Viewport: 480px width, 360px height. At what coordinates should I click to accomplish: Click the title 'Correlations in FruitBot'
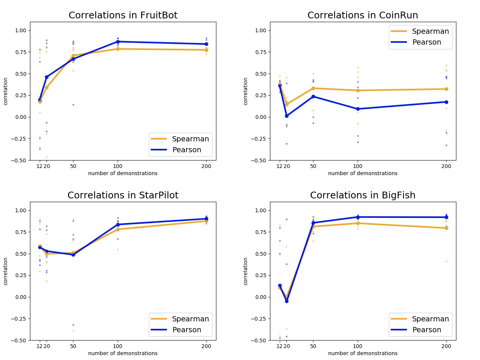(x=123, y=15)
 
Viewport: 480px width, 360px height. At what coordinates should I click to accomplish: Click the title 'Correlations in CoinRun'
(x=363, y=15)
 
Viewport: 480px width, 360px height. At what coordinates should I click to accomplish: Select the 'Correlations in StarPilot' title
(x=123, y=195)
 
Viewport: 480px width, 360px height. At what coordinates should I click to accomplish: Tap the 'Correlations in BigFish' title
(x=363, y=195)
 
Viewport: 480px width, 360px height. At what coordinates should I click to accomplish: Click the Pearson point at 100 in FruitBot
(x=118, y=42)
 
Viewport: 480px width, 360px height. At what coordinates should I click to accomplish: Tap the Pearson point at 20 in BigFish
(x=286, y=301)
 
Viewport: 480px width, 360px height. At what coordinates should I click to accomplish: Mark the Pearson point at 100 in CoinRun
(x=358, y=109)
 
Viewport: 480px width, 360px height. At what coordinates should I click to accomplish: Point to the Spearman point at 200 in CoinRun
(x=446, y=89)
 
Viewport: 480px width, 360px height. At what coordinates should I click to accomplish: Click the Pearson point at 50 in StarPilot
(x=73, y=255)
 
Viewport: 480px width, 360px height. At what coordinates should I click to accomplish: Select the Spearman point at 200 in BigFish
(x=446, y=228)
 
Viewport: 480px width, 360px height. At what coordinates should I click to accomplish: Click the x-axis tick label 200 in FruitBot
(x=206, y=166)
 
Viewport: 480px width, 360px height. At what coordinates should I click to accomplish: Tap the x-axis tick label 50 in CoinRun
(x=313, y=166)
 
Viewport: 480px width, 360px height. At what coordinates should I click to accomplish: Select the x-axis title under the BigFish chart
(x=363, y=353)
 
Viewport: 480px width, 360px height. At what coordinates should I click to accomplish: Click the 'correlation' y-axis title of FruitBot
(x=6, y=91)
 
